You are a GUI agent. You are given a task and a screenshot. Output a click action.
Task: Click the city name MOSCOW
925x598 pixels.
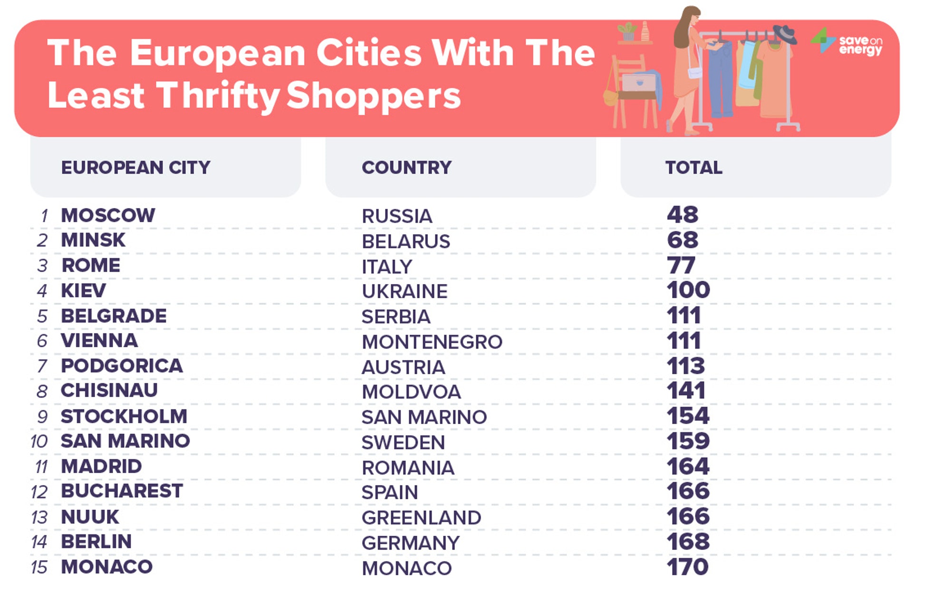108,215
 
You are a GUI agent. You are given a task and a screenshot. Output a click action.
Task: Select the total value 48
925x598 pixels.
683,215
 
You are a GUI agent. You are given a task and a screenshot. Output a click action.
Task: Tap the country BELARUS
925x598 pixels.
405,241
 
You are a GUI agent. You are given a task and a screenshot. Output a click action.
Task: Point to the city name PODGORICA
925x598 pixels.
122,366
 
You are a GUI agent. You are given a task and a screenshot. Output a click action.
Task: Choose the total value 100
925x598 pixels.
688,290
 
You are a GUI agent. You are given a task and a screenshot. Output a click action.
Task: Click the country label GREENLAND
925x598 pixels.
421,518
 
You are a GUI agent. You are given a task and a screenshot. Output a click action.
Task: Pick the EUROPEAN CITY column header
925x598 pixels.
135,167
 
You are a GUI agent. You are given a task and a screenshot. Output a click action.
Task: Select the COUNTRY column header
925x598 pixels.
406,167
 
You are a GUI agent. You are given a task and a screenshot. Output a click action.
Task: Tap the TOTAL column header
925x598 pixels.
694,167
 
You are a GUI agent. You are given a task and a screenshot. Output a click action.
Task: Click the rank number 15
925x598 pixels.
39,567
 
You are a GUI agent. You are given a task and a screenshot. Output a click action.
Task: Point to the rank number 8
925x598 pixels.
42,391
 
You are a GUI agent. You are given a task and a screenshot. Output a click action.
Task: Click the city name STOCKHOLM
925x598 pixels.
124,416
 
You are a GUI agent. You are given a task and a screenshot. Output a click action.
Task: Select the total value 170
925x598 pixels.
687,567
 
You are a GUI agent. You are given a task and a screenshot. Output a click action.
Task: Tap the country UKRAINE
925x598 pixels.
405,291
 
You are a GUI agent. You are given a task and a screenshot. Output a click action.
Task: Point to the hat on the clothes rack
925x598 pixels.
785,34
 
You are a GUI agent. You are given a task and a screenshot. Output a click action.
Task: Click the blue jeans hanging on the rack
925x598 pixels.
721,78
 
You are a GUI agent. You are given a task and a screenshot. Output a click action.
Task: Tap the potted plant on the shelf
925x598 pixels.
627,31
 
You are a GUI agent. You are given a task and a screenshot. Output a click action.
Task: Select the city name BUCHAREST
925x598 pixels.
122,491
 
